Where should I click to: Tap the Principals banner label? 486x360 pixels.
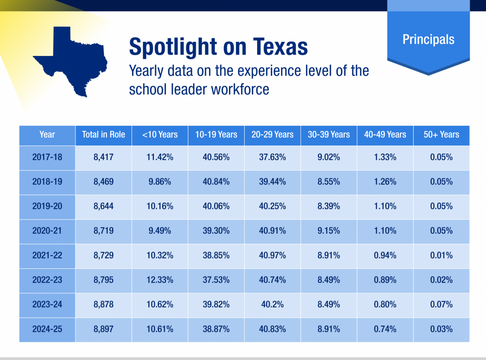[x=428, y=39]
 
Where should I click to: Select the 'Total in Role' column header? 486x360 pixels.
[x=103, y=135]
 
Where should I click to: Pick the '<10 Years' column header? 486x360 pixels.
[x=160, y=135]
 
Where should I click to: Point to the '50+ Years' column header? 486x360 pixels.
[x=441, y=135]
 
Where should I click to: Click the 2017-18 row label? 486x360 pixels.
[x=47, y=157]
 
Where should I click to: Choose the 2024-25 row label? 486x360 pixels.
[x=47, y=329]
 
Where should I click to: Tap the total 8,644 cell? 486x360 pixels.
[x=103, y=206]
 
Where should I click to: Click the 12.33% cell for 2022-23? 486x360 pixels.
[x=160, y=280]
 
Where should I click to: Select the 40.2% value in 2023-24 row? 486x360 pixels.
[x=272, y=304]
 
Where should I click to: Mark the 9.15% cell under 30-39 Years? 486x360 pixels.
[x=328, y=231]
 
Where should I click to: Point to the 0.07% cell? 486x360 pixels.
[x=441, y=304]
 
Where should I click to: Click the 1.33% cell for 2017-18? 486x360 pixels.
[x=385, y=157]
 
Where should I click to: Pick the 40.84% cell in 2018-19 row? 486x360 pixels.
[x=216, y=182]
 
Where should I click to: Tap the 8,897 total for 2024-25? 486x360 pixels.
[x=103, y=329]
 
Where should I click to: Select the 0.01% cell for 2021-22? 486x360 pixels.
[x=441, y=255]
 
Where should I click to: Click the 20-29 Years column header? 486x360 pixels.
[x=272, y=135]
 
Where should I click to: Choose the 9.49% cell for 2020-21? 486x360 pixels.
[x=160, y=231]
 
